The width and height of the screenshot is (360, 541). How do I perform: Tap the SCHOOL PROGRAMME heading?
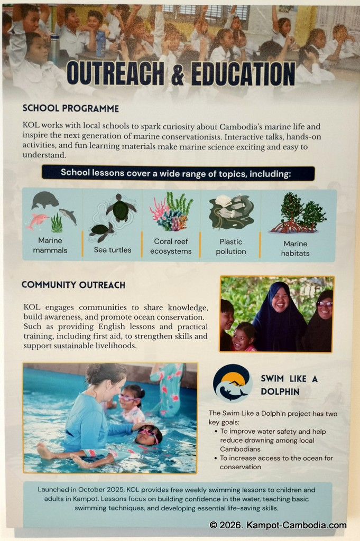(x=70, y=108)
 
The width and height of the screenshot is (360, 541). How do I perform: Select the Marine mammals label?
(x=50, y=245)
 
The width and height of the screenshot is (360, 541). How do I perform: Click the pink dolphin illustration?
(x=37, y=220)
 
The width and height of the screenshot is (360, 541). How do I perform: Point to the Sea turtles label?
(x=113, y=250)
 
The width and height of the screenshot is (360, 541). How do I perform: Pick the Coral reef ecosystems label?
(x=171, y=246)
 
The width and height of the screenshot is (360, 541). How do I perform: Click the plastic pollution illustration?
(x=231, y=212)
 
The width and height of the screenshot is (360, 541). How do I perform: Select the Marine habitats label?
(x=296, y=248)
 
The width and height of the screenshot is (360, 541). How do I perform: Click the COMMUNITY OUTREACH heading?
(x=73, y=285)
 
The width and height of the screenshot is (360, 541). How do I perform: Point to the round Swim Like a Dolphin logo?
(x=233, y=383)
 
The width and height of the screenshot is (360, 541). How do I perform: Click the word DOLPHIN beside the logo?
(x=280, y=391)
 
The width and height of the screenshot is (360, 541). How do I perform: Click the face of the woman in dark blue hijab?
(x=280, y=300)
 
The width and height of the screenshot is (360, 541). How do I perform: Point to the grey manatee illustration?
(x=45, y=200)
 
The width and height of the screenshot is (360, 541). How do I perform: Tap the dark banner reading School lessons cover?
(x=178, y=173)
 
